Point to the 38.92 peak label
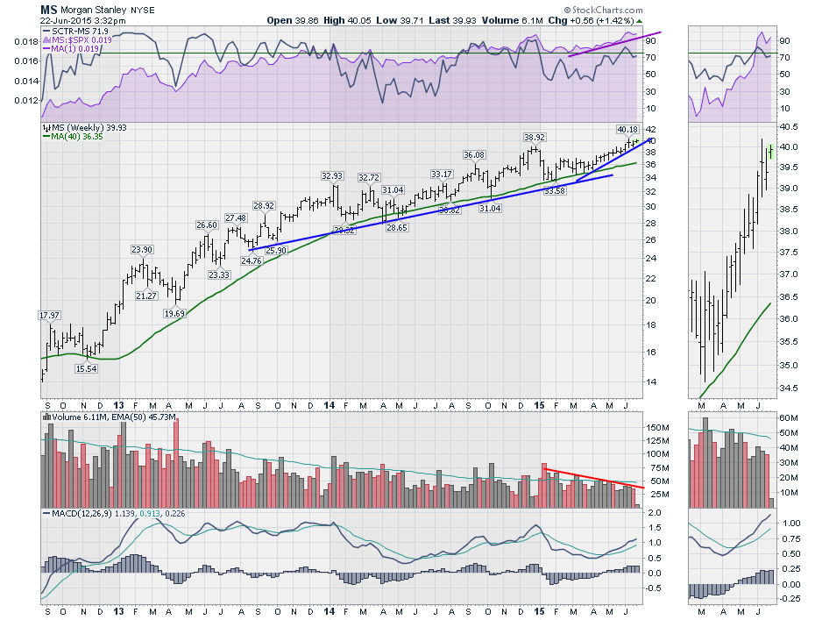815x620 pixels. coord(535,138)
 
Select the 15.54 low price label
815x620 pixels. coord(85,369)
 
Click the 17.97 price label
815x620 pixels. coord(49,315)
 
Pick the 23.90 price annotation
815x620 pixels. coord(142,250)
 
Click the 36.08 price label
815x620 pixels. coord(474,155)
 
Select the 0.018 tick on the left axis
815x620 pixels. coord(27,41)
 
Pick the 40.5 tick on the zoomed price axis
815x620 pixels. coord(790,125)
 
